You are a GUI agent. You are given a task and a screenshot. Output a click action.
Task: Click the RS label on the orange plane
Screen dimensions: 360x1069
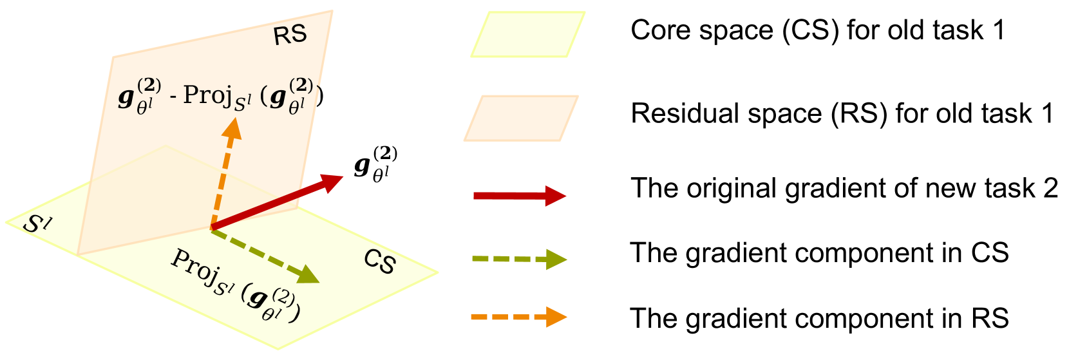290,35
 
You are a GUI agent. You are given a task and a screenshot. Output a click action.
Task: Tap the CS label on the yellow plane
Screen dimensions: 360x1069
380,261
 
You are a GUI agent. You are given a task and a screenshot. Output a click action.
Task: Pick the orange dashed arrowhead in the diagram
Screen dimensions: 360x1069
231,129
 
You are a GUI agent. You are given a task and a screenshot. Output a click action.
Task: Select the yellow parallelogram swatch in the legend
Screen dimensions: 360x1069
528,35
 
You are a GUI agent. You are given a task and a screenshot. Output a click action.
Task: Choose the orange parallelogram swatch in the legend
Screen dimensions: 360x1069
521,118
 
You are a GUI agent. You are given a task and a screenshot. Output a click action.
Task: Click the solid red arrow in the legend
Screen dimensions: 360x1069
520,195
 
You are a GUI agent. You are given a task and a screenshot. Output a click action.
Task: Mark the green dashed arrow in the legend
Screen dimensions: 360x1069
520,260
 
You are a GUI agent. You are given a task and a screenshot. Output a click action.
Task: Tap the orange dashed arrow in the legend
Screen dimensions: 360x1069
520,317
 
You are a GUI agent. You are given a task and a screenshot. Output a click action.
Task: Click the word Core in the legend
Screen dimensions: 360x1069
657,30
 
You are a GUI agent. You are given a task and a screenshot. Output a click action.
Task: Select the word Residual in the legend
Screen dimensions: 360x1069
693,113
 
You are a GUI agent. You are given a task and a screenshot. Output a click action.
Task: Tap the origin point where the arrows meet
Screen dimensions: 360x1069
211,229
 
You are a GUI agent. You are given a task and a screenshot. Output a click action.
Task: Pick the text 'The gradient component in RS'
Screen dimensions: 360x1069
819,318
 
